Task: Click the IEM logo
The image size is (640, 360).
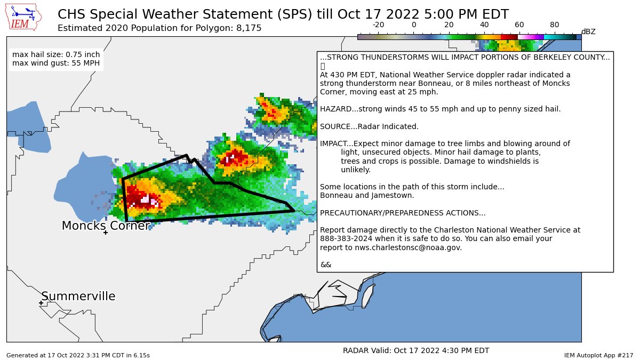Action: click(x=25, y=18)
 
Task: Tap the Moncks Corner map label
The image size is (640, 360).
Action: click(x=106, y=226)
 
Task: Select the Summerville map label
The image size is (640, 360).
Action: click(x=78, y=297)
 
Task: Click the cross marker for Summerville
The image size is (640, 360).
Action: click(x=41, y=303)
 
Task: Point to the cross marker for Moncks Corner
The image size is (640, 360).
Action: click(x=106, y=233)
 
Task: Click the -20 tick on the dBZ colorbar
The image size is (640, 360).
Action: click(x=378, y=25)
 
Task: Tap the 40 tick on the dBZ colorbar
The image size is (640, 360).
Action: click(x=484, y=25)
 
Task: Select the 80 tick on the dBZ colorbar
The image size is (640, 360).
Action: click(x=555, y=25)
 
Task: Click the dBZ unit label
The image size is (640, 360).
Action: click(x=588, y=32)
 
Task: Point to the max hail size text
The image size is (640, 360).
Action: click(x=56, y=54)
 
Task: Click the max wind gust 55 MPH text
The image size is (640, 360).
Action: click(x=56, y=64)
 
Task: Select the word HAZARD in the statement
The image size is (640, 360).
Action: click(x=334, y=109)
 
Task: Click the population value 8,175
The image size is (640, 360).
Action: click(x=249, y=28)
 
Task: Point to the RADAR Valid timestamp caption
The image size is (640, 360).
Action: click(x=416, y=350)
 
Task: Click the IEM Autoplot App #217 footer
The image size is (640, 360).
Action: click(x=598, y=355)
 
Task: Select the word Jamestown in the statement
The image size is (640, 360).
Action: click(x=392, y=195)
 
